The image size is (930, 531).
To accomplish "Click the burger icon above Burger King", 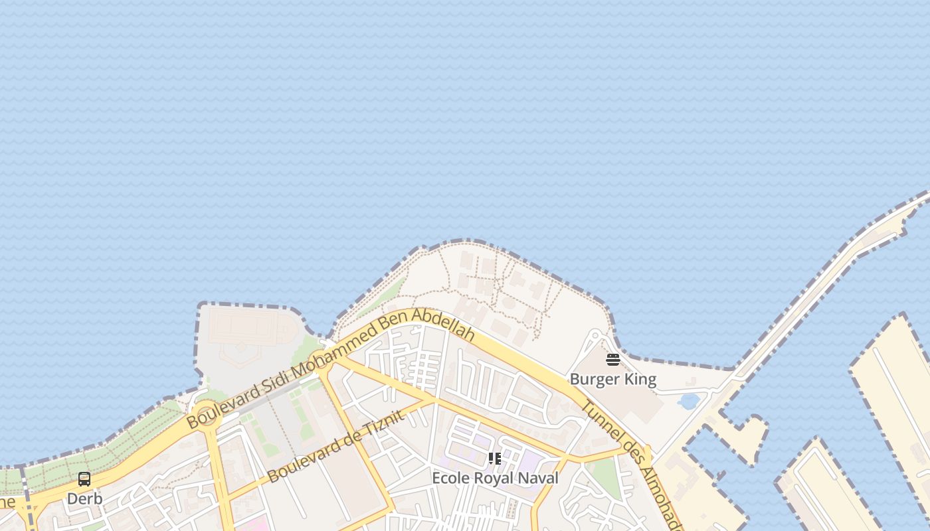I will tap(612, 360).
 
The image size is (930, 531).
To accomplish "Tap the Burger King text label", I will tap(612, 380).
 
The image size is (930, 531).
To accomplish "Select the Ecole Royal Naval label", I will tap(495, 478).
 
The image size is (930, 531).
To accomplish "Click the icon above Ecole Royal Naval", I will tap(495, 459).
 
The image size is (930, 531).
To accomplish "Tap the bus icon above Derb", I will tap(84, 479).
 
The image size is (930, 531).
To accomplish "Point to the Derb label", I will tap(84, 498).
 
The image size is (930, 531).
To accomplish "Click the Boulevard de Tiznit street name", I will tap(335, 447).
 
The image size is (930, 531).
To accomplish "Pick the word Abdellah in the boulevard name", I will tap(443, 324).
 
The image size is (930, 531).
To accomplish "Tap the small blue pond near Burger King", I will tap(690, 401).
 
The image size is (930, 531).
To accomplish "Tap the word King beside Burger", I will tap(641, 380).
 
